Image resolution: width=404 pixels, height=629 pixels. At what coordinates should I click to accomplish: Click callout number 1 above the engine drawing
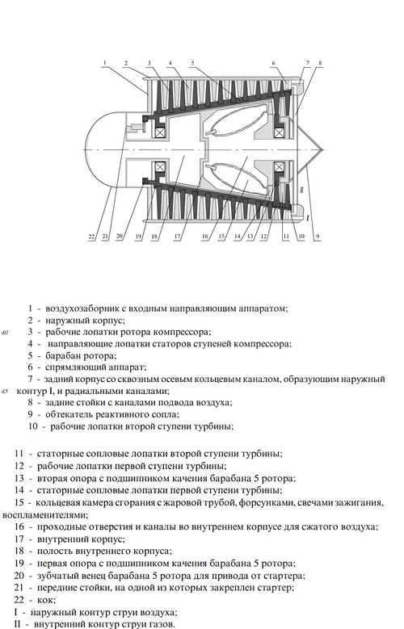pos(105,63)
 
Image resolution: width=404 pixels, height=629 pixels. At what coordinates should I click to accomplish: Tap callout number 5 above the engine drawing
pos(193,63)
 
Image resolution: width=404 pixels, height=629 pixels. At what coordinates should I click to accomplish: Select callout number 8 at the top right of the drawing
pos(320,63)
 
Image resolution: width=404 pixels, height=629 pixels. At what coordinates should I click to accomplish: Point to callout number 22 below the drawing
pos(91,237)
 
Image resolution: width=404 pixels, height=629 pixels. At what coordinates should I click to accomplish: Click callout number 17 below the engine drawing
pos(177,237)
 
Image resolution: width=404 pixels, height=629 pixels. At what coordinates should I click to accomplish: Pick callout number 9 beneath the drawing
pos(318,237)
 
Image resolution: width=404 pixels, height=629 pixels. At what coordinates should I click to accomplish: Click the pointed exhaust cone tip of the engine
pos(322,149)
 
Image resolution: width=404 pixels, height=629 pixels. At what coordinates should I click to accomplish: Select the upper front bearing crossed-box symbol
pos(160,132)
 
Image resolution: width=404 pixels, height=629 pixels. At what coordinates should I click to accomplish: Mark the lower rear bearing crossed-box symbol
pos(279,167)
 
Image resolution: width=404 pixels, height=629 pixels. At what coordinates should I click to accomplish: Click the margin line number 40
pos(6,333)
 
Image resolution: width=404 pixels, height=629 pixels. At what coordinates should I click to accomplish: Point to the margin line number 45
pos(6,391)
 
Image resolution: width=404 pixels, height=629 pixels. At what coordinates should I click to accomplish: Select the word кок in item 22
pos(47,600)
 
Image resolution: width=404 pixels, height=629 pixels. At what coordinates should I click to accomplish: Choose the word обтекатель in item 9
pos(69,414)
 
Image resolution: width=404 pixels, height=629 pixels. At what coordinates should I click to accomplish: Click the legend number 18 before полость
pos(19,551)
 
